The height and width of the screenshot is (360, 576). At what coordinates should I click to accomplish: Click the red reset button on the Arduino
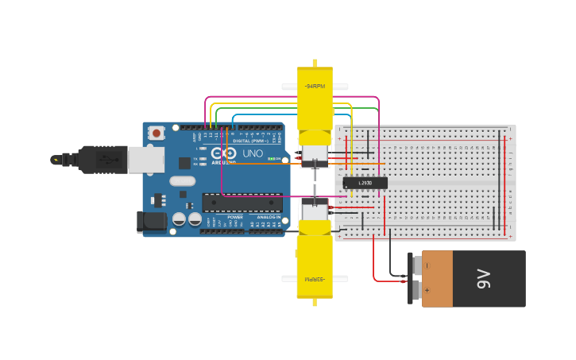tap(157, 133)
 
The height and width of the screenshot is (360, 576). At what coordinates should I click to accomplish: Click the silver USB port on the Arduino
tap(146, 160)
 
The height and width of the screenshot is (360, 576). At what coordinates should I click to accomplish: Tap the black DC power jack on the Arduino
tap(150, 222)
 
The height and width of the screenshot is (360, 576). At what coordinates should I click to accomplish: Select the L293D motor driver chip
tap(365, 183)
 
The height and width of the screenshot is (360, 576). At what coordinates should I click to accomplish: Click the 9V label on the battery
tap(483, 279)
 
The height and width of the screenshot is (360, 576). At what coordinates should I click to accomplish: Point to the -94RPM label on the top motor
tap(314, 86)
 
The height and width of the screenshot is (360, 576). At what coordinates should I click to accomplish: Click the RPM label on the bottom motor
tap(315, 279)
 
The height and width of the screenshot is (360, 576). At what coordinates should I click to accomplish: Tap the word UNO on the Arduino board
tap(253, 153)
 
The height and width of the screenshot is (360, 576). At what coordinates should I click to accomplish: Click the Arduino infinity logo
tap(223, 153)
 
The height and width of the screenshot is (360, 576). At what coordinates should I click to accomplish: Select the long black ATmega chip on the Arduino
tap(242, 203)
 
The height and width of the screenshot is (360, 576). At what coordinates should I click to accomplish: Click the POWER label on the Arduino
tap(235, 217)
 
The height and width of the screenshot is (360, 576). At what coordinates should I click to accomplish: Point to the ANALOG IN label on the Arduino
tap(268, 217)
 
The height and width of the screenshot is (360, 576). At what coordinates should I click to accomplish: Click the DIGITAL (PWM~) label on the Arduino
tap(251, 141)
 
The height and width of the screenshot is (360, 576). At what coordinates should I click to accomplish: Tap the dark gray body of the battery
tap(497, 279)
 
